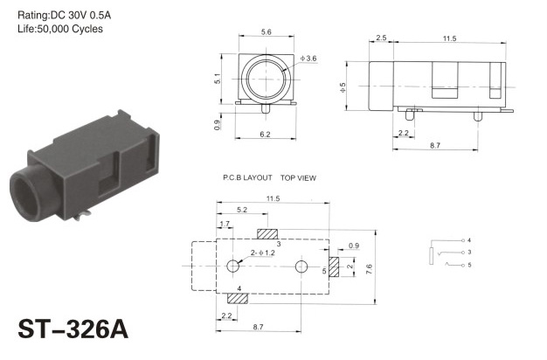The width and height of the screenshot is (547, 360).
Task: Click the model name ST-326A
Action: pos(73,329)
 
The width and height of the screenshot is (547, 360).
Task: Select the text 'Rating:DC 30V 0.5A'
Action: pos(64,15)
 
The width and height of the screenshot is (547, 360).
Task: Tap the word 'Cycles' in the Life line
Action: pos(87,29)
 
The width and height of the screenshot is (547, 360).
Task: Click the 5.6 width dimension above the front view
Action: pos(267,32)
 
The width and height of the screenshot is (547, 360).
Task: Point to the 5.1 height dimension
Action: pos(218,79)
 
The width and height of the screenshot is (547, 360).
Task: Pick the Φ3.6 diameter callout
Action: pos(308,59)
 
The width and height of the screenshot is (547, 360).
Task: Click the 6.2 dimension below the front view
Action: pos(265,135)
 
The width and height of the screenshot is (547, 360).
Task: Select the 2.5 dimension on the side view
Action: pos(381,38)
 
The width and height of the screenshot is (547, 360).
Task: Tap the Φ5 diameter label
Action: pos(343,87)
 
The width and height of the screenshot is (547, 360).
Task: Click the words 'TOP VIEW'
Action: pos(298,178)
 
